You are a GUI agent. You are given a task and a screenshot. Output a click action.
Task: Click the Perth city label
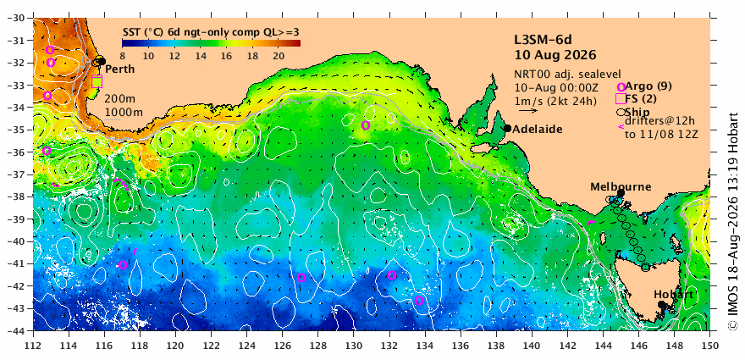[x=119, y=69]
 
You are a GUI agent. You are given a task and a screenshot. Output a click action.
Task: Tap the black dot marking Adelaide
[x=507, y=128]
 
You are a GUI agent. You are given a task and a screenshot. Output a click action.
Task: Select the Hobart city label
[x=673, y=295]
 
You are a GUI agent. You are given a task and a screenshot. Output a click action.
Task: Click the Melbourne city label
[x=621, y=187]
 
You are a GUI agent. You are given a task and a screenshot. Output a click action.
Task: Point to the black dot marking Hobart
[x=661, y=304]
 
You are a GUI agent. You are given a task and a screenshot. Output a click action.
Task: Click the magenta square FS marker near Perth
[x=97, y=81]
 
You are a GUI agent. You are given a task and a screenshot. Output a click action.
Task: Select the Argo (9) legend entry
[x=642, y=86]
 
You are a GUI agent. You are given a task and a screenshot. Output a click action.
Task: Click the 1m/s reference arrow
[x=528, y=111]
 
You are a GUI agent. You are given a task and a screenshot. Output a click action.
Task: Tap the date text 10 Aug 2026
[x=555, y=55]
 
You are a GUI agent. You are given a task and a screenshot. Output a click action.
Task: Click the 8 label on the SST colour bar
[x=122, y=56]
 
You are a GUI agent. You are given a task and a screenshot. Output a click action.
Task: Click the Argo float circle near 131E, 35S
[x=366, y=125]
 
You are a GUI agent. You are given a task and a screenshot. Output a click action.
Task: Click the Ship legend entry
[x=633, y=112]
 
